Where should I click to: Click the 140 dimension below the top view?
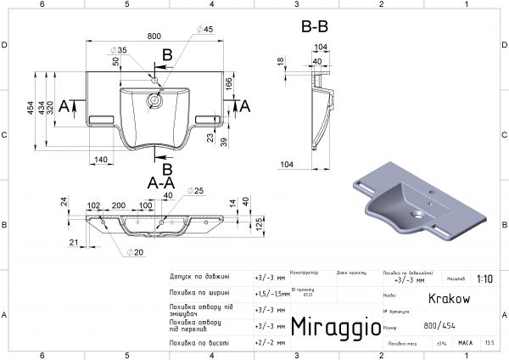pos(100,159)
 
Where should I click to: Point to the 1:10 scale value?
pos(484,277)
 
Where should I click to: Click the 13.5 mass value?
pos(489,343)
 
